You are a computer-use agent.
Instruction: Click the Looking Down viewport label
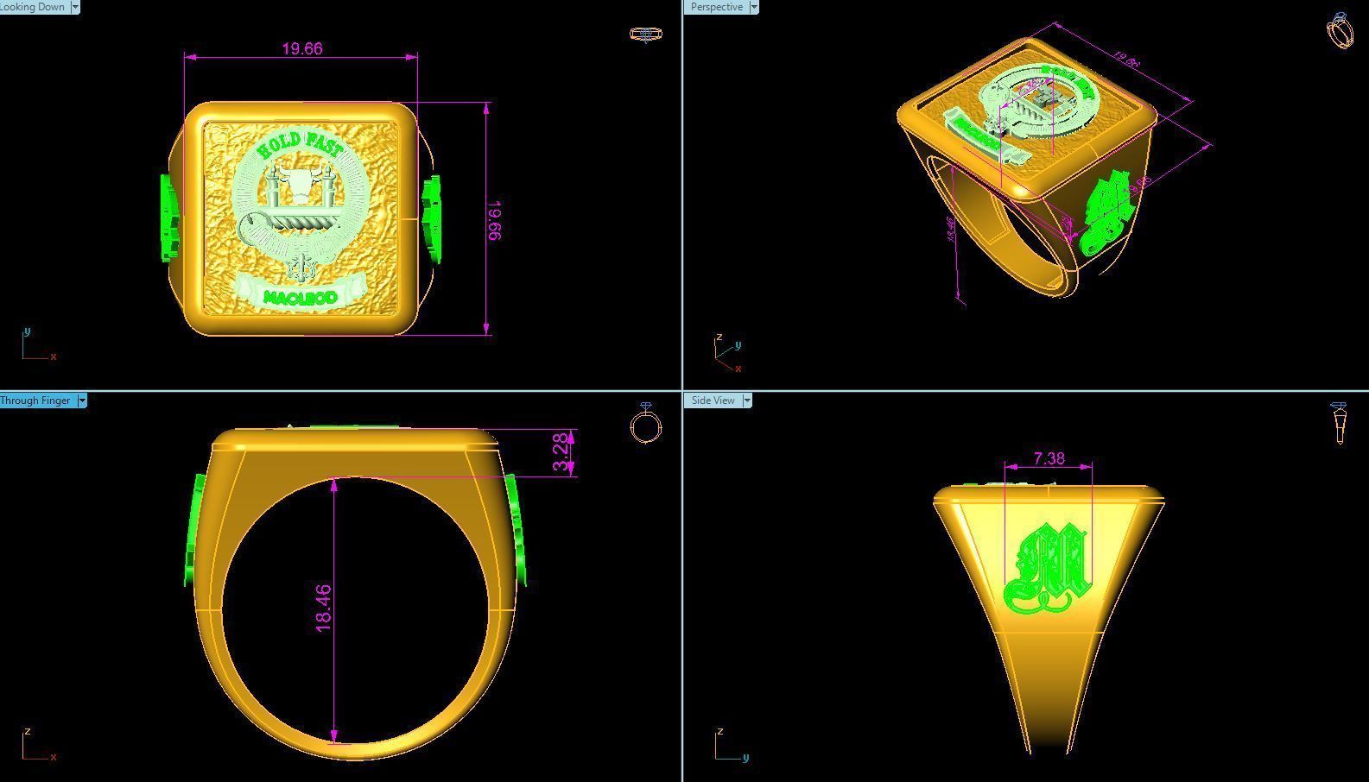click(33, 7)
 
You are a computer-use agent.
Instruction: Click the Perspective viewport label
click(716, 7)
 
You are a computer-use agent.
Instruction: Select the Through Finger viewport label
click(36, 400)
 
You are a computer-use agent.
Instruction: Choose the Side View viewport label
click(713, 400)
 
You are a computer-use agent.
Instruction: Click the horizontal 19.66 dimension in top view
click(301, 49)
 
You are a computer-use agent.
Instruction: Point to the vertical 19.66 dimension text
click(495, 220)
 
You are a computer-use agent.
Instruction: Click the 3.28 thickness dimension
click(561, 452)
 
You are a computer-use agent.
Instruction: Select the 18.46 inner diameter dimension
click(324, 608)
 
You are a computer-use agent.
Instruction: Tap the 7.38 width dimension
click(1049, 458)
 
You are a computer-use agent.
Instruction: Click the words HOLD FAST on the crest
click(300, 143)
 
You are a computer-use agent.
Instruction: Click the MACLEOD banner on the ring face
click(300, 297)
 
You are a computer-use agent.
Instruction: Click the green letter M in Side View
click(1048, 570)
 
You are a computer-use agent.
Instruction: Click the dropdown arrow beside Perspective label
click(754, 7)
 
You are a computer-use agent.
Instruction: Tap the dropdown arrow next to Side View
click(747, 400)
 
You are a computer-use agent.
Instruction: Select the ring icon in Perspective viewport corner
click(1339, 31)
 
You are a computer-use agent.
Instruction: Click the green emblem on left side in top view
click(169, 218)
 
